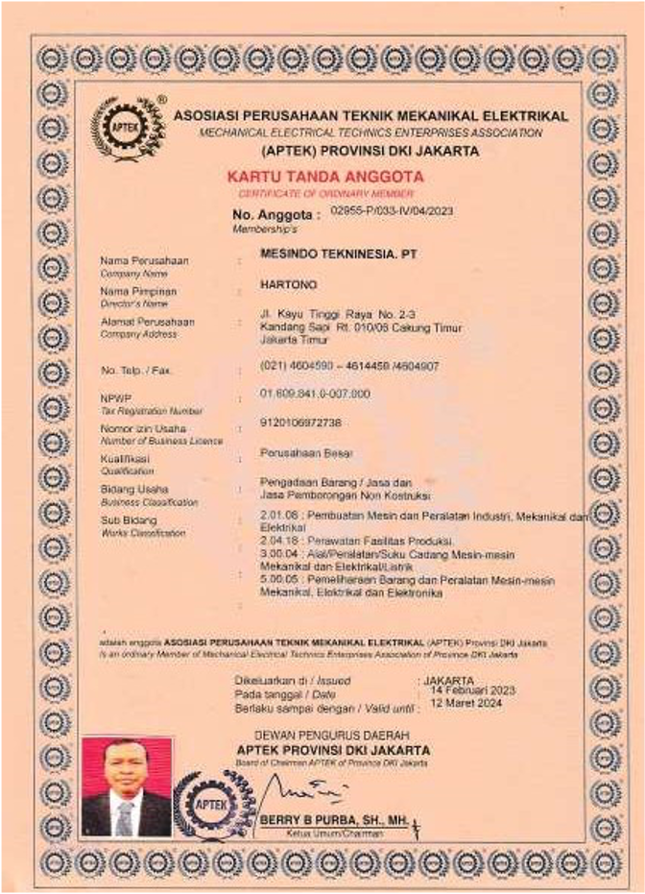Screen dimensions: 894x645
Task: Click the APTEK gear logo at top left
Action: (x=128, y=128)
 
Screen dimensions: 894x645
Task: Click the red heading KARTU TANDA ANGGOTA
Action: (x=324, y=177)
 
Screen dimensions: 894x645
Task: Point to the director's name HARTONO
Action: (x=288, y=284)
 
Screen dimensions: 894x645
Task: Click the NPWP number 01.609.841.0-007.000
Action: (x=315, y=394)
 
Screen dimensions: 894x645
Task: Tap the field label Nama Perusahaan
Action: (x=144, y=261)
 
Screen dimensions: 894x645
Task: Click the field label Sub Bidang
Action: (x=125, y=520)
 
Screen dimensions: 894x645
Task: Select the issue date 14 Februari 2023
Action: (x=473, y=690)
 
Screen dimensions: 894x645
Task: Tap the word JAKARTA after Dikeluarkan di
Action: (x=448, y=680)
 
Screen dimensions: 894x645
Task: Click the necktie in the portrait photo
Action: (x=125, y=817)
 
